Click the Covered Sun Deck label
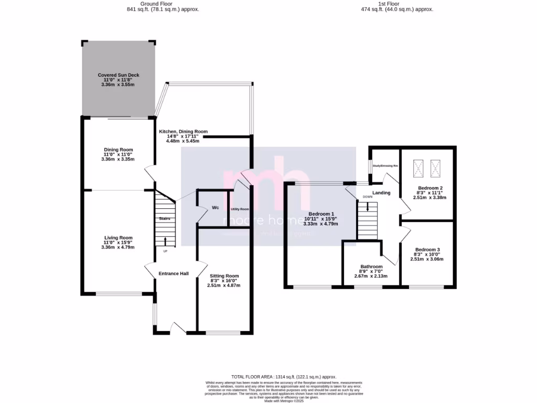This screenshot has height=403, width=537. tap(119, 75)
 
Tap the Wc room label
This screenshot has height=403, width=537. tap(215, 208)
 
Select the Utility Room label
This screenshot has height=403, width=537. tap(240, 209)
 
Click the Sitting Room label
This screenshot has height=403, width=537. tap(224, 275)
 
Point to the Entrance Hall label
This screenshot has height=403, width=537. tap(174, 273)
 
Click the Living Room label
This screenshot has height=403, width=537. tap(118, 237)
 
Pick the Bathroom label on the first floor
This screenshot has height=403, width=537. tap(371, 266)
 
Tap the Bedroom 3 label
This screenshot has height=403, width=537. tap(427, 249)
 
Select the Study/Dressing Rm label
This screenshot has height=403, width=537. tap(385, 166)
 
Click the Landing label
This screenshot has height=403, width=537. tap(381, 193)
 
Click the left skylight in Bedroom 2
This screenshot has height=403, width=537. tap(418, 168)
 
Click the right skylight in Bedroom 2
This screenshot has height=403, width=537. tap(435, 168)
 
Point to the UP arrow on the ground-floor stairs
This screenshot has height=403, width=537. tap(166, 242)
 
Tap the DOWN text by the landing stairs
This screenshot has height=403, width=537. tap(368, 197)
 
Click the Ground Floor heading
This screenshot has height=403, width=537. tap(163, 3)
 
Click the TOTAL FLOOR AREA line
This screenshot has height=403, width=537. tap(284, 377)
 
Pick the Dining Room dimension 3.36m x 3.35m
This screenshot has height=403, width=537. tap(118, 159)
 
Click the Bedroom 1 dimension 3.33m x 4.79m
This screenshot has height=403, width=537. tap(320, 224)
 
